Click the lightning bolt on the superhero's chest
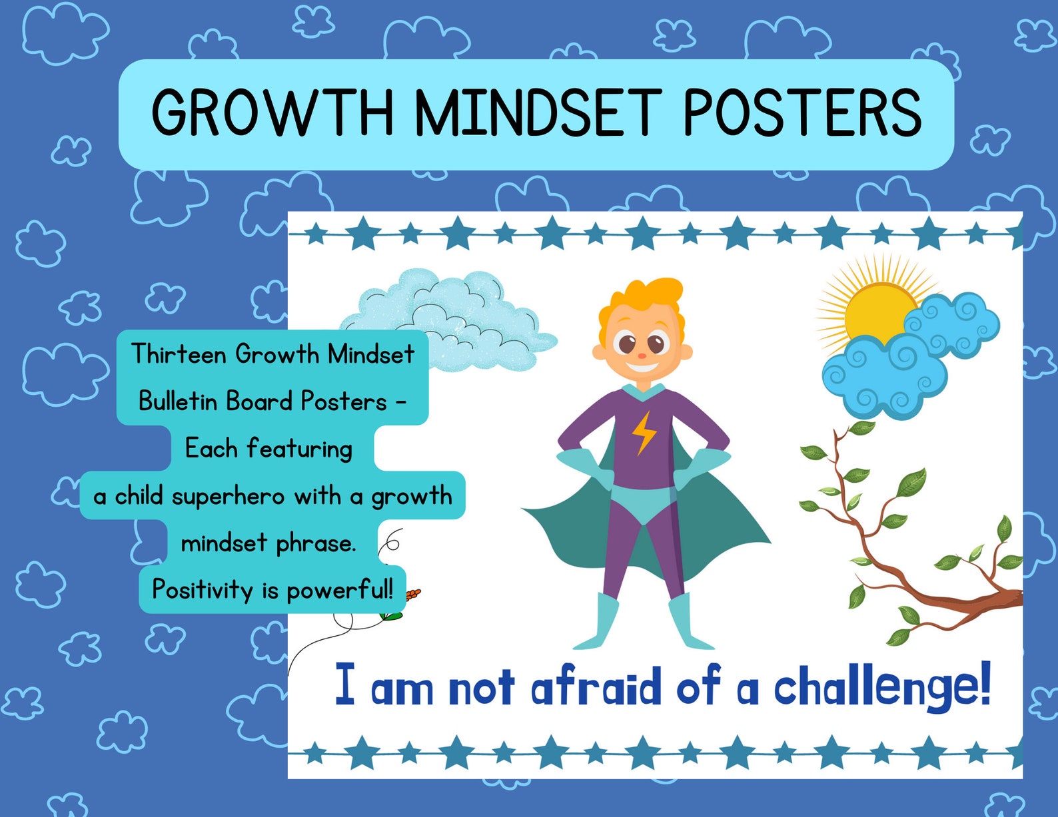point(644,433)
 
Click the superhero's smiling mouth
point(641,365)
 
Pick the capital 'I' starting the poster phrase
point(344,684)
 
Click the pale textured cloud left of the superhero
point(466,313)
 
